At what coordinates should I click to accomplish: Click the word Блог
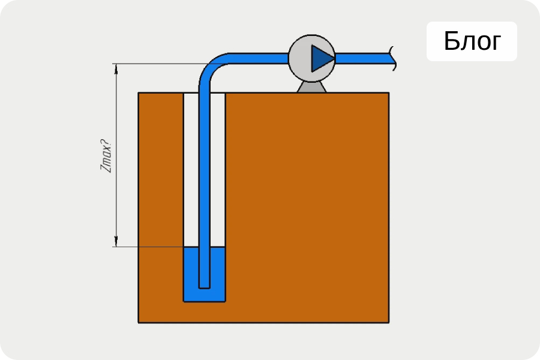[472, 41]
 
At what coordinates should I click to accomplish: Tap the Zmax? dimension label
[106, 155]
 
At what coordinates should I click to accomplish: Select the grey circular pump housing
[299, 59]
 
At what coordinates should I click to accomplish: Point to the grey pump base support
[311, 87]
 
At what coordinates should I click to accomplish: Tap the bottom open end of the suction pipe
[204, 287]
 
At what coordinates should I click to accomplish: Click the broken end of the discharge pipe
[393, 59]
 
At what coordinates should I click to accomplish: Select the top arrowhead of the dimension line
[116, 68]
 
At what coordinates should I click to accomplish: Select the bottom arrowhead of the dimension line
[116, 242]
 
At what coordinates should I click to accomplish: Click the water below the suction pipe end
[204, 295]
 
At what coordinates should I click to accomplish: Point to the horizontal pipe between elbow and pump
[258, 59]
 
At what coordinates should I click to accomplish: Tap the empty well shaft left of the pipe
[191, 169]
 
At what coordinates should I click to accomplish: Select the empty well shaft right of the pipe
[217, 169]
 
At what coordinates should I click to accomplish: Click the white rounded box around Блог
[472, 41]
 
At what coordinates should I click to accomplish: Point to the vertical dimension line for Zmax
[116, 155]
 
